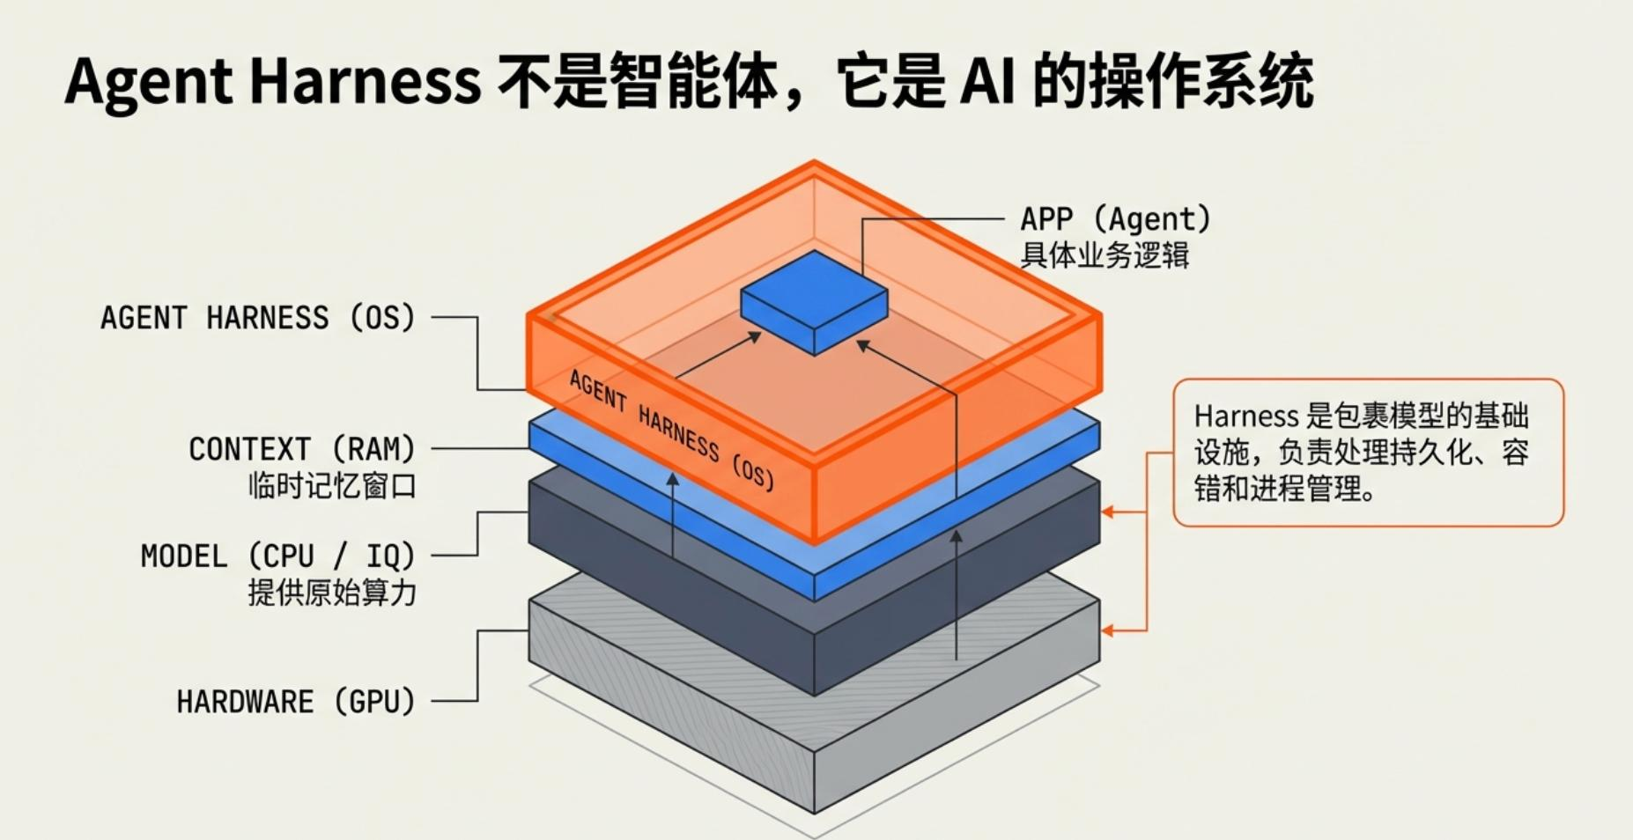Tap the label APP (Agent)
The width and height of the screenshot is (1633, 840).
pos(1115,218)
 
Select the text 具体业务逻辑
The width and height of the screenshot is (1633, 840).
pos(1105,255)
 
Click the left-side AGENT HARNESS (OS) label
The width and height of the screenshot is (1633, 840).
pos(257,317)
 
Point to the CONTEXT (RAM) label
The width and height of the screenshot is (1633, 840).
pos(301,449)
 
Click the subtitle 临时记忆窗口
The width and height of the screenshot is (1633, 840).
pos(331,486)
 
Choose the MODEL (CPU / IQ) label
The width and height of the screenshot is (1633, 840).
pos(277,556)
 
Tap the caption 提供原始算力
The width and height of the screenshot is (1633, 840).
pos(331,593)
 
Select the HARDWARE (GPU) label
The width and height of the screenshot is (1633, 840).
pos(295,702)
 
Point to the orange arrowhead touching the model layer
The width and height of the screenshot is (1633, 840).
pos(1108,512)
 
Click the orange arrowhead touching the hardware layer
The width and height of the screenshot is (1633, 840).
pos(1108,630)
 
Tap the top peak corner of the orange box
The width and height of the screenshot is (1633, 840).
pos(814,163)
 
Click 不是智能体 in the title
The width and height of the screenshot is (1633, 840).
pos(638,81)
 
